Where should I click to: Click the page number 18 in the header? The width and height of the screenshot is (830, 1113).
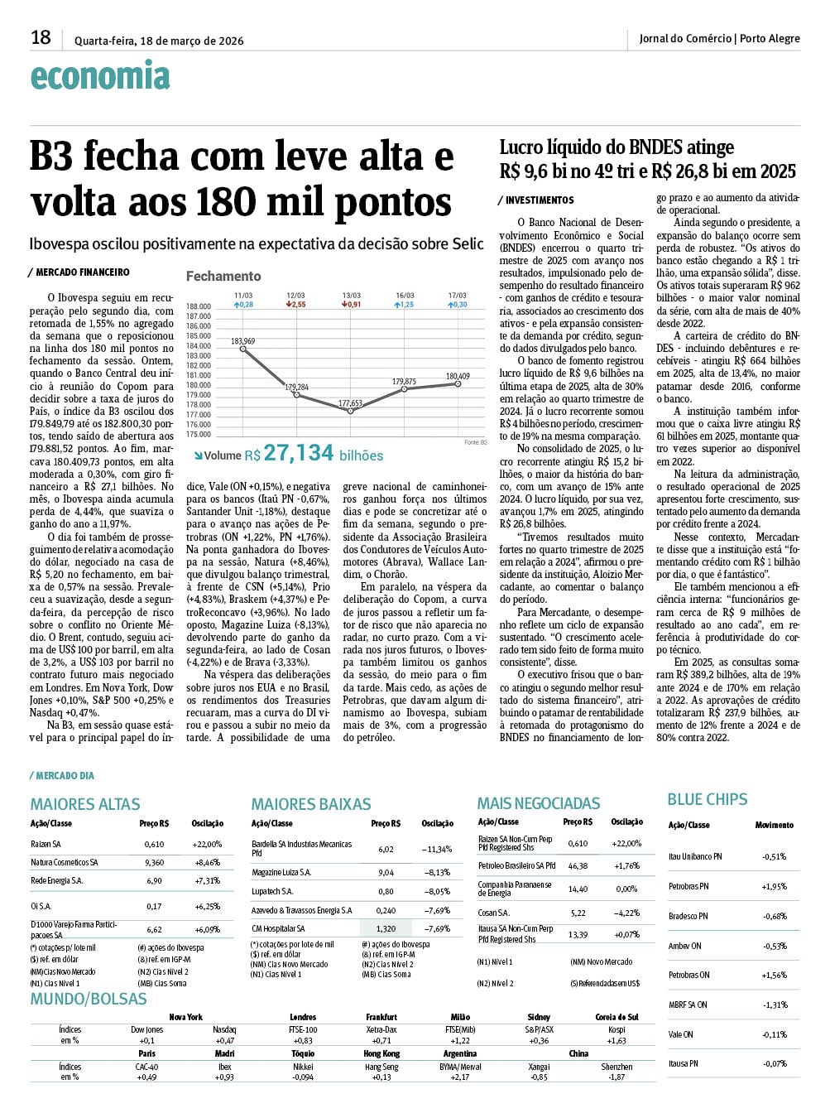click(41, 37)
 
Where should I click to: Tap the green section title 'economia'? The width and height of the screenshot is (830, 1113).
click(100, 76)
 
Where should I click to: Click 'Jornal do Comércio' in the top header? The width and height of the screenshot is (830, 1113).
click(685, 38)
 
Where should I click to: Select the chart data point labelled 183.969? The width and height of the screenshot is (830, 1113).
click(243, 349)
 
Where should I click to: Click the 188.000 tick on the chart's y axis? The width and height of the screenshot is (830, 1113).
click(199, 306)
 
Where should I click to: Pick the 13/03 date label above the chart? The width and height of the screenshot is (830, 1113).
click(352, 296)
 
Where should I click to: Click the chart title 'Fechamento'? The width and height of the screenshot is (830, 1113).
click(223, 277)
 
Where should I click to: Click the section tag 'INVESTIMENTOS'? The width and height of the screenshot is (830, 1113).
click(539, 200)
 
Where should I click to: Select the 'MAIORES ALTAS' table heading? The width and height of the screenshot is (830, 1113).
click(85, 804)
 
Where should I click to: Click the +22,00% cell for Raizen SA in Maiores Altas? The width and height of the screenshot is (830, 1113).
click(207, 845)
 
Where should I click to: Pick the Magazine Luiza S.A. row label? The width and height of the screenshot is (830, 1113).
click(281, 873)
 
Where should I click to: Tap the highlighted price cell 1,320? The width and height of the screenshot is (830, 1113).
click(386, 929)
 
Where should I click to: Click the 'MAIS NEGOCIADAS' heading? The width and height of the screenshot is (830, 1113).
click(539, 803)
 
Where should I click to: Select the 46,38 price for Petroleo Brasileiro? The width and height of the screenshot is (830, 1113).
click(578, 866)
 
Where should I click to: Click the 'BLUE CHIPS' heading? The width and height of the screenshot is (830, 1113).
click(708, 799)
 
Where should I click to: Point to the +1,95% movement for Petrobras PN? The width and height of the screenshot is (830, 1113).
click(775, 887)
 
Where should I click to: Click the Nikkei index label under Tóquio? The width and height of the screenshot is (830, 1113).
click(303, 1067)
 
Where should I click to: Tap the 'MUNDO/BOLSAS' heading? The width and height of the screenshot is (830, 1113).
click(89, 999)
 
